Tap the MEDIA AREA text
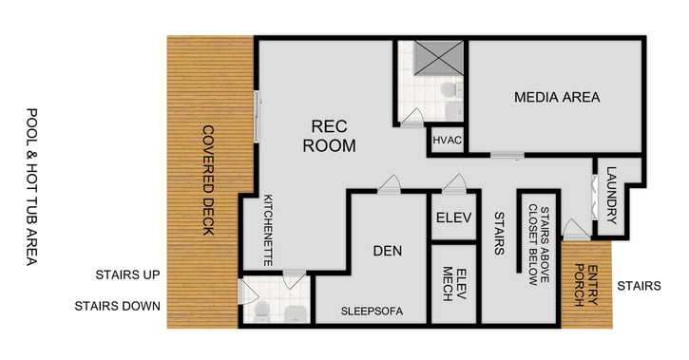[x=557, y=97]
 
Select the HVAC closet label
[x=447, y=140]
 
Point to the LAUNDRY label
[x=611, y=196]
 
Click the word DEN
[x=387, y=251]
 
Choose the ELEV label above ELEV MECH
[x=453, y=218]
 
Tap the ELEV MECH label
[x=453, y=285]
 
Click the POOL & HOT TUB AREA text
[x=32, y=186]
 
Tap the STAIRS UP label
[x=127, y=275]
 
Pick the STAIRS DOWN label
[x=118, y=306]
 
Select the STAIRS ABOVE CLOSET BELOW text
[x=539, y=245]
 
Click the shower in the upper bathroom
[x=429, y=58]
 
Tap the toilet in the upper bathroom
[x=450, y=91]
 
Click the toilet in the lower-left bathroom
[x=259, y=312]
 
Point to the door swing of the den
[x=389, y=184]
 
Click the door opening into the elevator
[x=453, y=184]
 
